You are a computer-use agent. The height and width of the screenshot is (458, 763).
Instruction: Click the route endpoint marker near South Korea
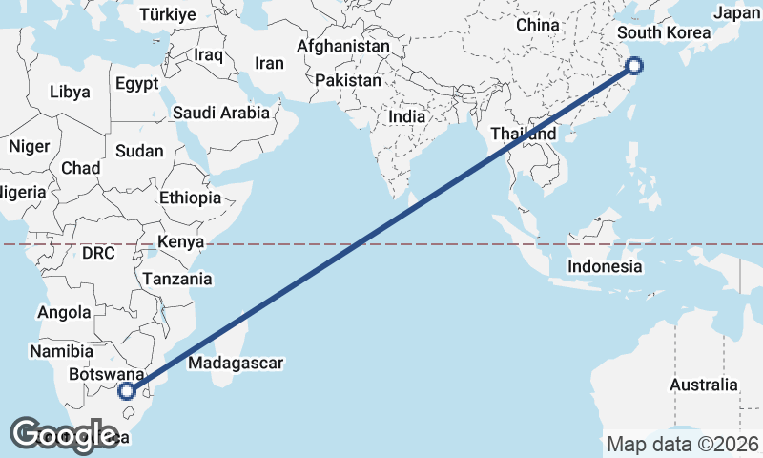[x=635, y=66]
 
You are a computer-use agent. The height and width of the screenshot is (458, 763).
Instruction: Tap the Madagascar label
[x=236, y=364]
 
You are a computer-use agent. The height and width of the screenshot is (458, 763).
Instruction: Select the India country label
[x=407, y=116]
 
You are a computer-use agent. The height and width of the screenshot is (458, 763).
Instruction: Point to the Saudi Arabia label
[x=220, y=113]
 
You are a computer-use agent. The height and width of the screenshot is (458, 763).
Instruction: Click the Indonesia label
[x=605, y=266]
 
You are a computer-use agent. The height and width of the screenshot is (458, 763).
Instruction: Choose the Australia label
[x=703, y=385]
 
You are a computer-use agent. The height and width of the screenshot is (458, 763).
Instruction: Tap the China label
[x=538, y=25]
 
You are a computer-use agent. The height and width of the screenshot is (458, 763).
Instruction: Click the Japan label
[x=737, y=13]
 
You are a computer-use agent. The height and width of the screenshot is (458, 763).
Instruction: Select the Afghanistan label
[x=343, y=46]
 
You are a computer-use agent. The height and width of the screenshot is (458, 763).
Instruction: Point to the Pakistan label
[x=348, y=81]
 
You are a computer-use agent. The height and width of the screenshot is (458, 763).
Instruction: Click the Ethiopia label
[x=191, y=198]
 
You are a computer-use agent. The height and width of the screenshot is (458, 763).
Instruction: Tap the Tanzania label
[x=176, y=279]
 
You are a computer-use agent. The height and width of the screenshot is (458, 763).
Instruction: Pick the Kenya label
[x=181, y=241]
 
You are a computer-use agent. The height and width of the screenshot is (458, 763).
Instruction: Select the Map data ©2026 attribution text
[x=683, y=444]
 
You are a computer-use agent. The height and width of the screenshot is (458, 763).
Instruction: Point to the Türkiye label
[x=167, y=14]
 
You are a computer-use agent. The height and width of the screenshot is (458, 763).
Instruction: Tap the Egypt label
[x=136, y=83]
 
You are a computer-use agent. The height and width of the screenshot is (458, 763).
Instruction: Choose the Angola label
[x=64, y=312]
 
